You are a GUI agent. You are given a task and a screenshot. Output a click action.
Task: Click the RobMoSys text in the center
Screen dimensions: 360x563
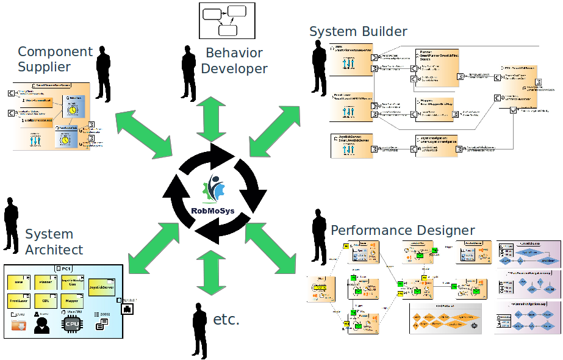point(212,212)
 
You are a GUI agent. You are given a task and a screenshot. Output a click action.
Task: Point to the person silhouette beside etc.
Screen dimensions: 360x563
point(199,329)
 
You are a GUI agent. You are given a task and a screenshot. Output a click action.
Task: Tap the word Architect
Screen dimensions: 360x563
point(54,250)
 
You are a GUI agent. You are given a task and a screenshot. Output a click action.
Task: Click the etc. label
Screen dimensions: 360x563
point(226,319)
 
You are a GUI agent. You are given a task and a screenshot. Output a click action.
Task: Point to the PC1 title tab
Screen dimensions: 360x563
point(63,268)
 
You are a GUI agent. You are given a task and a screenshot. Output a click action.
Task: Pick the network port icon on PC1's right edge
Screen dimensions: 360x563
point(127,309)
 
